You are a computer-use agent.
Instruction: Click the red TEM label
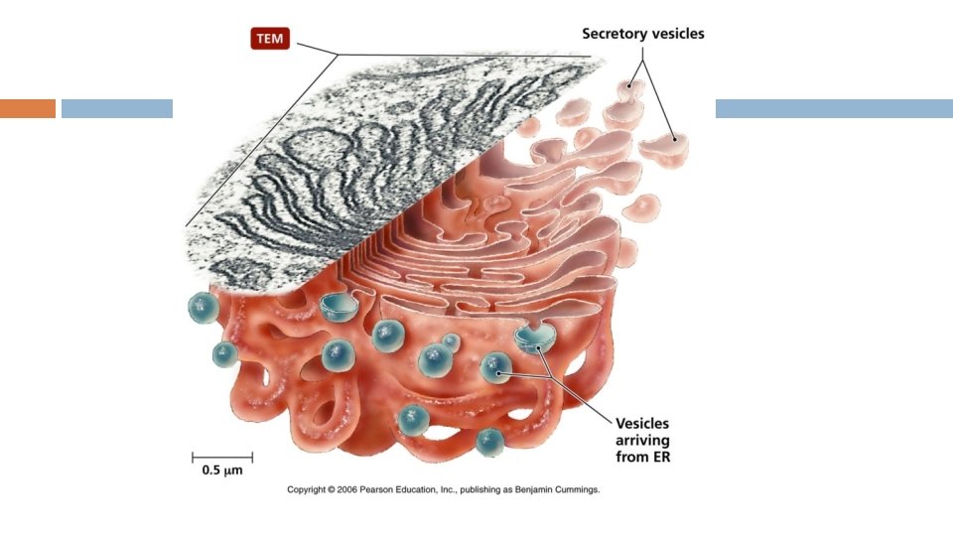tap(270, 41)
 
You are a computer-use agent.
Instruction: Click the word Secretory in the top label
tap(613, 34)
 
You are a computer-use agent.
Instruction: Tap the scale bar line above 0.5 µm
tap(222, 457)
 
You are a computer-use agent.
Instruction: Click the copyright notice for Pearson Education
tap(444, 489)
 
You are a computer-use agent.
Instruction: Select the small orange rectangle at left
tap(27, 108)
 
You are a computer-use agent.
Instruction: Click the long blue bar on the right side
tap(834, 108)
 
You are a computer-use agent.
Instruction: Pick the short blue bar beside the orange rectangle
tap(117, 108)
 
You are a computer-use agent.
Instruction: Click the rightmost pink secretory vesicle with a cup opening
tap(664, 147)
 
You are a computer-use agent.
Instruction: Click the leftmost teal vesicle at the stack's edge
tap(204, 308)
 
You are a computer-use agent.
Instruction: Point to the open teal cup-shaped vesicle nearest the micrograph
tap(340, 307)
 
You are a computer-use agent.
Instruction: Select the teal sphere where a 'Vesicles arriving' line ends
tap(494, 369)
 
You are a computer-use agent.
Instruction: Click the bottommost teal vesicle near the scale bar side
tap(489, 442)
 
